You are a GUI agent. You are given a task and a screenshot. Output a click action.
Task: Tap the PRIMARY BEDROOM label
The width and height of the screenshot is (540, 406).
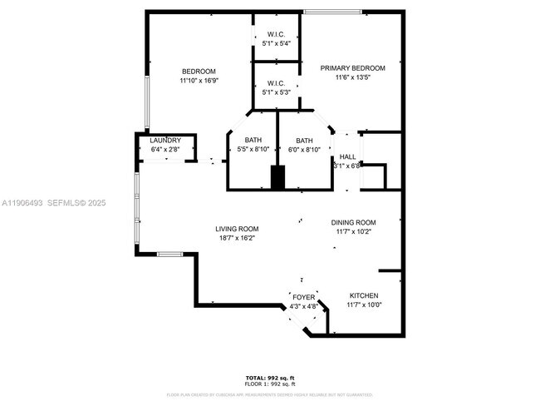pos(353,68)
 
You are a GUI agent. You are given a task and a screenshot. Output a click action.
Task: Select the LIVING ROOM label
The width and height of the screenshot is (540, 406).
pos(237,229)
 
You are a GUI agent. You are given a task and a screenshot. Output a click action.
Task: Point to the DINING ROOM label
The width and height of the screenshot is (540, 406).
pos(354,223)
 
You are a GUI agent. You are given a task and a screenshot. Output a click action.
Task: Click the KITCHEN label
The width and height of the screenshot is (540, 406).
pos(364,296)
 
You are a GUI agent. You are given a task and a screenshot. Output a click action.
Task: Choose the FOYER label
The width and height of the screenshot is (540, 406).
pos(303,297)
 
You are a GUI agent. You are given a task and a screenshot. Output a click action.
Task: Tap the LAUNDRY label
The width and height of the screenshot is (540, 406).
pos(165,141)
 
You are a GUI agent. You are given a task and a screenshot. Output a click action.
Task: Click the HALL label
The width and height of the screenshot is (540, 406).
pos(347,156)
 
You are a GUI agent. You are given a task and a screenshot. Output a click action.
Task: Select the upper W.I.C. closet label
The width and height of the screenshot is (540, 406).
pos(277,34)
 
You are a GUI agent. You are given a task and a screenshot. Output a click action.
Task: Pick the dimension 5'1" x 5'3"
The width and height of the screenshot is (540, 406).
pos(277,92)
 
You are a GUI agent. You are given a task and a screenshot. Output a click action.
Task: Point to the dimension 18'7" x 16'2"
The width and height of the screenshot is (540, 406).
pos(237,238)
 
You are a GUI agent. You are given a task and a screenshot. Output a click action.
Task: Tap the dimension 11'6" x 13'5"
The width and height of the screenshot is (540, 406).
pos(353,77)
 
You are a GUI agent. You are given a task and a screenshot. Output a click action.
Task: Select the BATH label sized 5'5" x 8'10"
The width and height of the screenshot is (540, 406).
pos(253,140)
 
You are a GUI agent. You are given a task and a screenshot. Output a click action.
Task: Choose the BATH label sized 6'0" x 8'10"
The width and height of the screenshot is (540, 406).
pos(305,140)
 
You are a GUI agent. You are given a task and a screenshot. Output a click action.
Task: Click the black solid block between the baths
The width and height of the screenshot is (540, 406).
pos(278,177)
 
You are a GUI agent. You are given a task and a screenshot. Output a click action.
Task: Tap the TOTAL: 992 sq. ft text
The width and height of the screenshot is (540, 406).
pos(270,377)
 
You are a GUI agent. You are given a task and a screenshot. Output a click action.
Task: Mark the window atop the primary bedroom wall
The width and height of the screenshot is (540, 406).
pos(332,12)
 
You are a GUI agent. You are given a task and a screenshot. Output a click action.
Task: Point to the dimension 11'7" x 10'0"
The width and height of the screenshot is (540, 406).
pos(364,305)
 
